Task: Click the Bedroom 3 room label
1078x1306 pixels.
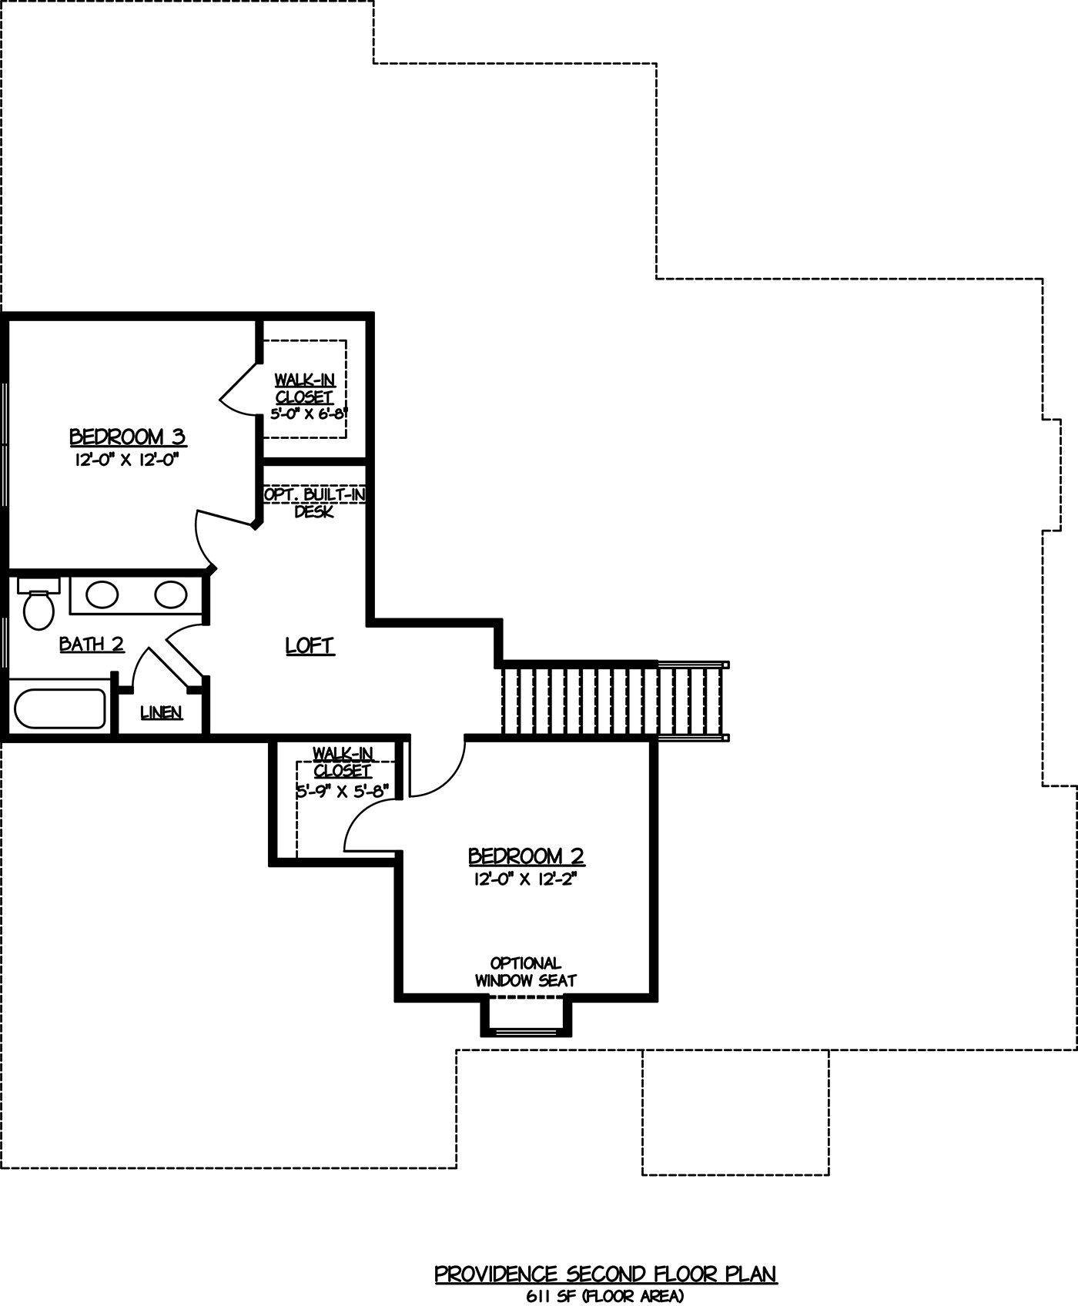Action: pyautogui.click(x=128, y=437)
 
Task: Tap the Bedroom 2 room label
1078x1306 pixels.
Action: pyautogui.click(x=526, y=856)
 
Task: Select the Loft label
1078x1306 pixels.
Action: pyautogui.click(x=310, y=645)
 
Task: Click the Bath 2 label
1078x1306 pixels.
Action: pyautogui.click(x=92, y=644)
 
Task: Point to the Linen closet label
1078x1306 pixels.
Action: pyautogui.click(x=162, y=712)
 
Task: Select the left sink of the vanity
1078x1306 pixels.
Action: pyautogui.click(x=101, y=594)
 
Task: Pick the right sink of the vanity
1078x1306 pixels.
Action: pyautogui.click(x=170, y=594)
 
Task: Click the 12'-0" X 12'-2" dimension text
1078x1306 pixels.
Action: pyautogui.click(x=526, y=879)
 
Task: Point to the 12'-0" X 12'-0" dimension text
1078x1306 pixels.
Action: pyautogui.click(x=129, y=460)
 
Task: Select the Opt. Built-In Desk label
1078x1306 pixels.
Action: pyautogui.click(x=314, y=502)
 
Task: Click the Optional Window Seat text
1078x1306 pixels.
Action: pyautogui.click(x=526, y=972)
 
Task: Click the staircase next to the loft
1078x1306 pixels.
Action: pyautogui.click(x=614, y=701)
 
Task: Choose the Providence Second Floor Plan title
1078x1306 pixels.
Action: pyautogui.click(x=606, y=1274)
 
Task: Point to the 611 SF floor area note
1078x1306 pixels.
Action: pyautogui.click(x=605, y=1297)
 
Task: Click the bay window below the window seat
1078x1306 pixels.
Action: pyautogui.click(x=527, y=1016)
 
